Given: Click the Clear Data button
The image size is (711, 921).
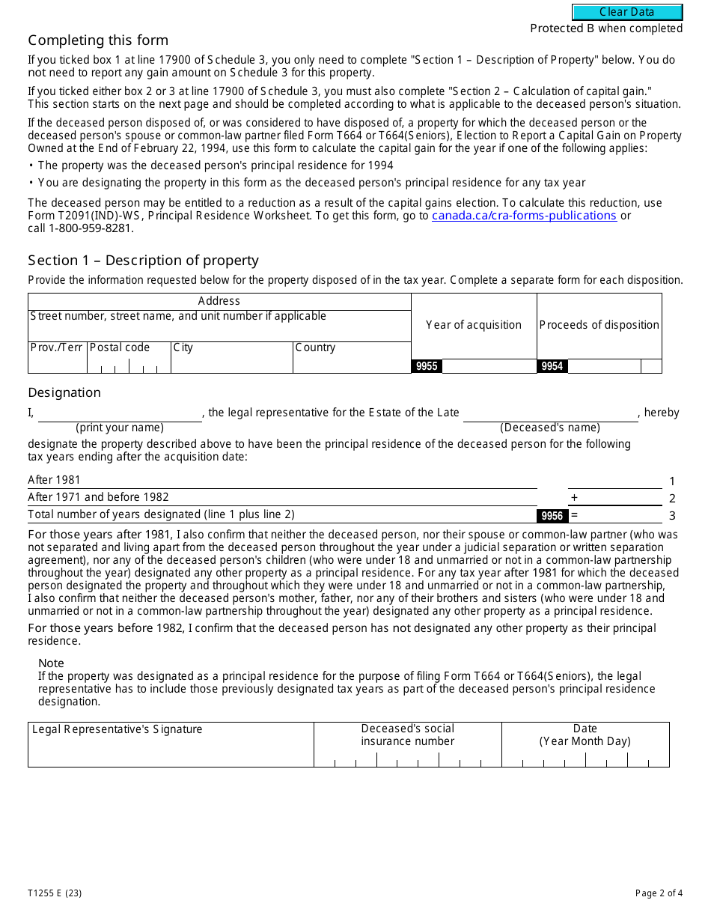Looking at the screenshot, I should (x=627, y=12).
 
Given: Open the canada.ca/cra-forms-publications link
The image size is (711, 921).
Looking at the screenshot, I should (x=524, y=216).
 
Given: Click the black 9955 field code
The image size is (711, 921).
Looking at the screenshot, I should (x=427, y=366).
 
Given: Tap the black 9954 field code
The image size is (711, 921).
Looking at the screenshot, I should (x=552, y=366).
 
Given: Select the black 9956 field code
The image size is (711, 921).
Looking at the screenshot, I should (x=552, y=516).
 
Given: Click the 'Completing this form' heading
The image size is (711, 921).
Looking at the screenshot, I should (x=98, y=40).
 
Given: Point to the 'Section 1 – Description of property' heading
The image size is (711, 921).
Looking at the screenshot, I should (x=143, y=261).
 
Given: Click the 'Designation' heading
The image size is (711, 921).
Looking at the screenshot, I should (x=64, y=392).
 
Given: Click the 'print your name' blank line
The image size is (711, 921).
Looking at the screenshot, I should (x=120, y=415).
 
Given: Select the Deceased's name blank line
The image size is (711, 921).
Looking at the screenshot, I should (x=550, y=415).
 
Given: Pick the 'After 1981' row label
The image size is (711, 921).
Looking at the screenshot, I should (x=54, y=480).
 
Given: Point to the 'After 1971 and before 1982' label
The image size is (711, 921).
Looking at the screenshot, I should (x=98, y=497).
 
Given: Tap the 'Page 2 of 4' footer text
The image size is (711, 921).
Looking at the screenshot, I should (x=659, y=893).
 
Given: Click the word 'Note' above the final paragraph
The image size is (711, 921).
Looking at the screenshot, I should (x=51, y=663).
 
